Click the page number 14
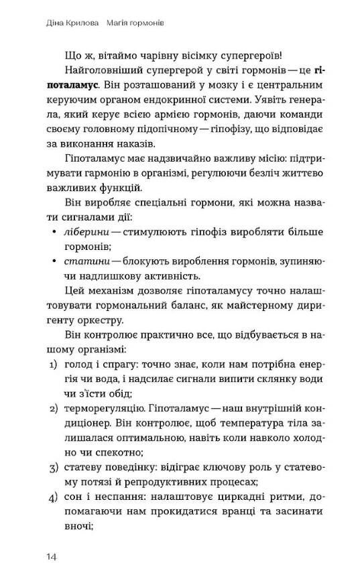point(53,557)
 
